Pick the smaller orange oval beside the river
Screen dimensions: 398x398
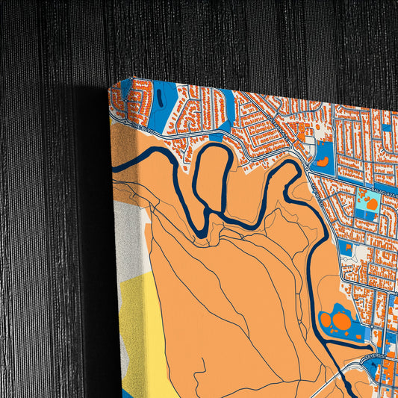tap(325, 320)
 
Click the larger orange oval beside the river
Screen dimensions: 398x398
tap(341, 322)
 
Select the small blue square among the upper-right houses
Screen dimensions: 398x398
tap(385, 128)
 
